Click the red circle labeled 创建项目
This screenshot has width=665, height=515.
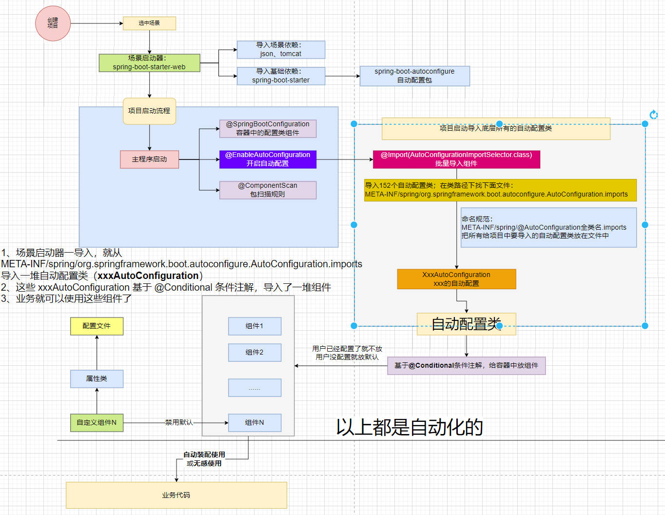click(x=53, y=23)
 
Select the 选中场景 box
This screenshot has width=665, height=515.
click(x=149, y=23)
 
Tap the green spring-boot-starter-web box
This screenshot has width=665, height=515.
click(x=149, y=63)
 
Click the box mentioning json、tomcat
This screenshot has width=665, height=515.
click(x=281, y=50)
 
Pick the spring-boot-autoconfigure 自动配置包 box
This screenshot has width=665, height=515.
click(x=414, y=76)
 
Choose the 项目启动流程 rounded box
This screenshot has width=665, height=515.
click(x=149, y=111)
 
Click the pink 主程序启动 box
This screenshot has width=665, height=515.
click(x=149, y=159)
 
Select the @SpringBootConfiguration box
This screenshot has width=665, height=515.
click(x=268, y=129)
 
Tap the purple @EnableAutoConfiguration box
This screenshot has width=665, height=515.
click(x=268, y=159)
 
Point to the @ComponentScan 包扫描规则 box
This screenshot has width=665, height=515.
click(x=268, y=190)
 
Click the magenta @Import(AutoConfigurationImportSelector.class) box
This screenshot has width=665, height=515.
click(x=456, y=159)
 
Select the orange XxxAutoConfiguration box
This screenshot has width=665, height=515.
click(x=456, y=279)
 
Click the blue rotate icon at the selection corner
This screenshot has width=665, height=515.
click(x=654, y=115)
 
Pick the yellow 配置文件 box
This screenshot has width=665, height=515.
click(x=97, y=326)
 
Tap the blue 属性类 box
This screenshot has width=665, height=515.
click(x=97, y=379)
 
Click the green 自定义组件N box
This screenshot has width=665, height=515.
click(x=97, y=423)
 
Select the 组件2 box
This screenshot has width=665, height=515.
click(x=254, y=353)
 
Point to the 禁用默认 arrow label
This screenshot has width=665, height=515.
click(x=179, y=422)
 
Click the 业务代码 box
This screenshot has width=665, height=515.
click(x=176, y=495)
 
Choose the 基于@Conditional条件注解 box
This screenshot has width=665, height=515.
click(x=466, y=366)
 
